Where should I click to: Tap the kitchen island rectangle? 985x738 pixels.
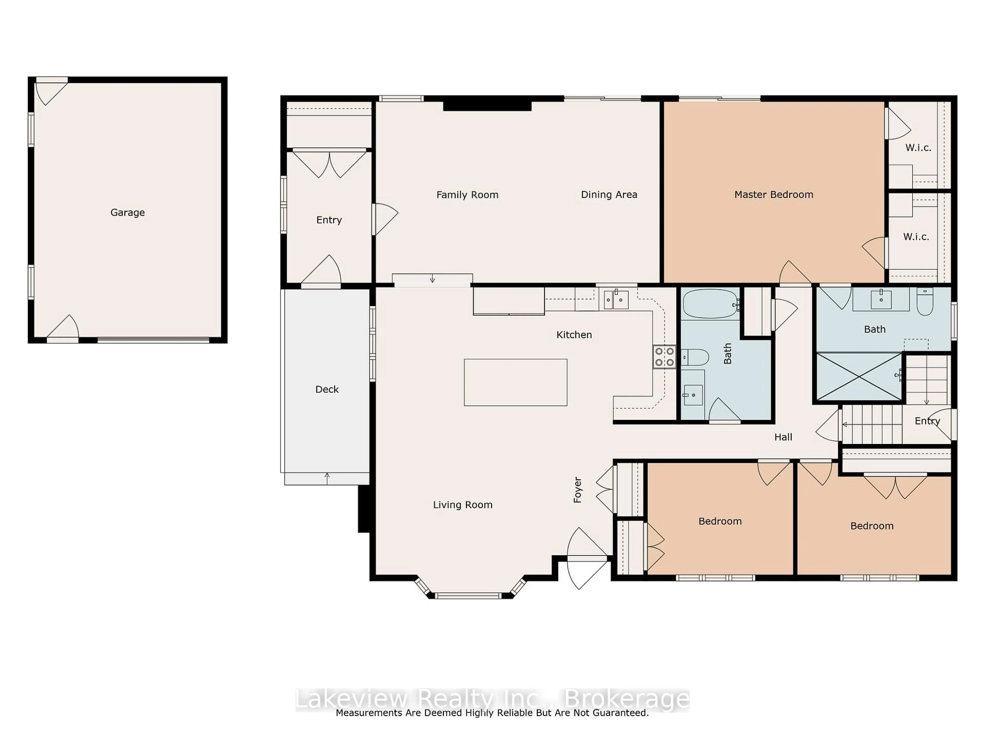[x=515, y=382]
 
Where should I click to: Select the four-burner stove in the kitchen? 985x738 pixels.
[x=664, y=357]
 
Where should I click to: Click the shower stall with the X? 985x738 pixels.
[x=859, y=377]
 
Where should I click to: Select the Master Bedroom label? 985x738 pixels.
[x=773, y=194]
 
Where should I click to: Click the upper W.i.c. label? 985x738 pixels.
[x=918, y=148]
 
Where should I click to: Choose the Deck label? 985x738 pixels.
[x=327, y=389]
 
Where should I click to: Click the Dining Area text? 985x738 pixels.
[x=609, y=194]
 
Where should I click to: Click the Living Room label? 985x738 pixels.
[x=463, y=505]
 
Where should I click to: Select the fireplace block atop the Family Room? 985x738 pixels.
[x=487, y=106]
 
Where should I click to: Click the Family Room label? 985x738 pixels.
[x=467, y=195]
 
